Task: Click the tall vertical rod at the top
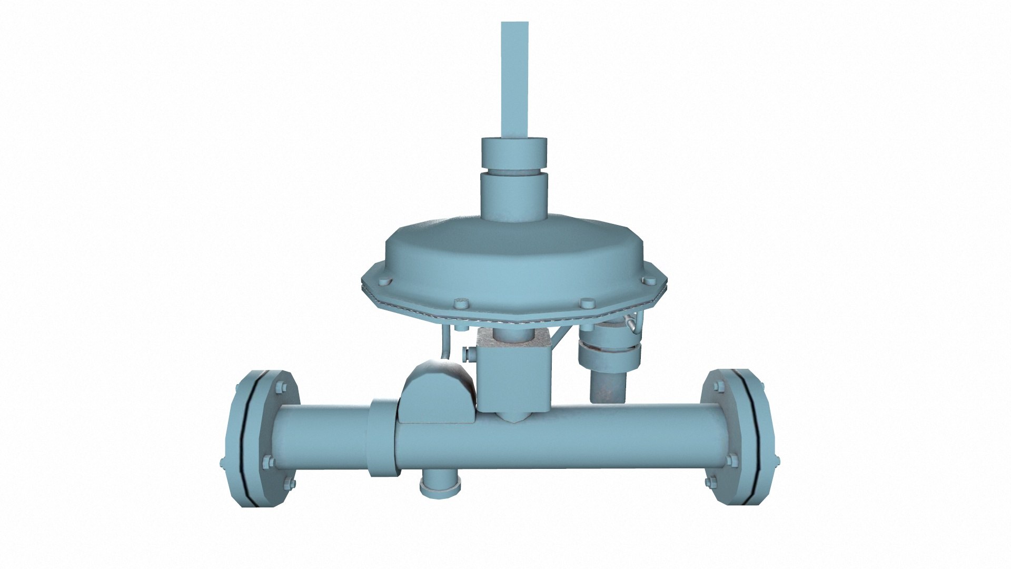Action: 514,79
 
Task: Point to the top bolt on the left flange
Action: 279,390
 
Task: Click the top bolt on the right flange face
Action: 717,389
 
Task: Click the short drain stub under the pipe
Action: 441,483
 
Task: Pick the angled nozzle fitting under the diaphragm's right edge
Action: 630,324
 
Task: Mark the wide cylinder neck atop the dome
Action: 514,196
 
